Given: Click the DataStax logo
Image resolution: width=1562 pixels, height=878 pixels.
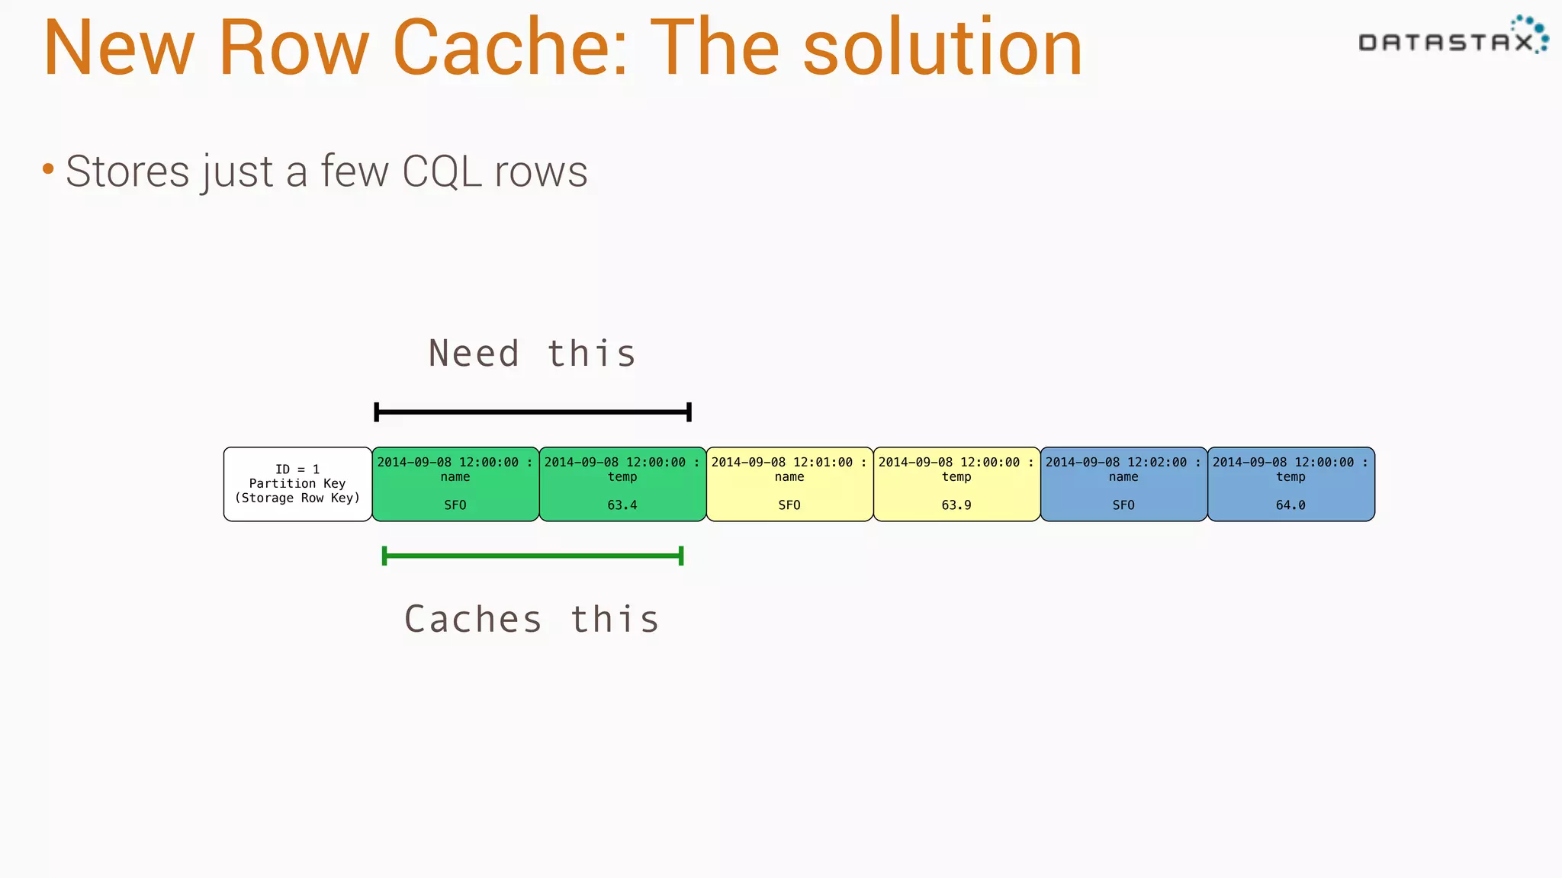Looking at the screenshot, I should point(1452,38).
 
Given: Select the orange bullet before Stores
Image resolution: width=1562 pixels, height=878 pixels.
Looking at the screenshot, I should point(48,168).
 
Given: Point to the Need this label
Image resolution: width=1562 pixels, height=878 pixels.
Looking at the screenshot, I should point(532,354).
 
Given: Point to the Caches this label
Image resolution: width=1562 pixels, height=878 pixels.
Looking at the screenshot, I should point(532,619).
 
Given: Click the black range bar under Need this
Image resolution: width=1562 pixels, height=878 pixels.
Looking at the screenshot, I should point(532,412).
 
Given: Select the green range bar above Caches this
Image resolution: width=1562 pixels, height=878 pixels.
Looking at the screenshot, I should point(532,556).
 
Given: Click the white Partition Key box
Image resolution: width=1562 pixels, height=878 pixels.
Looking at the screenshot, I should point(297,484).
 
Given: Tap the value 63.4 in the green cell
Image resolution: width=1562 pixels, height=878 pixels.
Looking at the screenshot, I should point(622,505).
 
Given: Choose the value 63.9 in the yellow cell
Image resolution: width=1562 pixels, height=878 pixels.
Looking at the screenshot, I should point(956,505).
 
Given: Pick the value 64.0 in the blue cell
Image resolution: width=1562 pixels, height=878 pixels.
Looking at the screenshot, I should point(1290,505).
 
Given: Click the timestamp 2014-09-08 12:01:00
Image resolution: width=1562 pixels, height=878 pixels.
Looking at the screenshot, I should point(782,463).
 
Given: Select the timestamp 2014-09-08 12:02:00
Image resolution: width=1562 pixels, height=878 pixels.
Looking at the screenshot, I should point(1116,463).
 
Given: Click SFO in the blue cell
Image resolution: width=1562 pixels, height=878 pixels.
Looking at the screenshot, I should point(1123,505).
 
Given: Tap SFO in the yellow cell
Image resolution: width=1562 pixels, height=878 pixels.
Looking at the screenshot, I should point(789,505).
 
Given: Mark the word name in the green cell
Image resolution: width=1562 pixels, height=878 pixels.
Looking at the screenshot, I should point(455,477).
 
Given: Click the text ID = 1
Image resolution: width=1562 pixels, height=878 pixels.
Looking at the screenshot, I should point(297,469).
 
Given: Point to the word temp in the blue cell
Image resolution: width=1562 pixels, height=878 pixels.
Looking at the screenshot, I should point(1290,477).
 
